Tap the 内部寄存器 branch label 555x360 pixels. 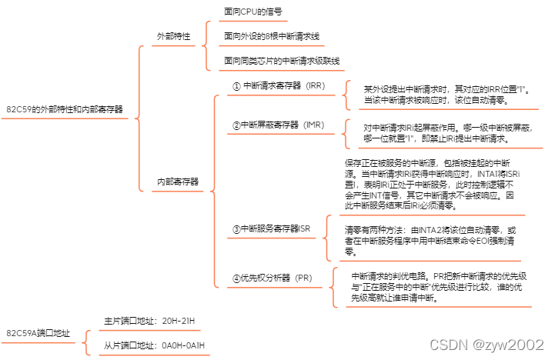point(178,182)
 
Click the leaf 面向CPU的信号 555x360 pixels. point(252,12)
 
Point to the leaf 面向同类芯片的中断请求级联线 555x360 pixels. point(282,60)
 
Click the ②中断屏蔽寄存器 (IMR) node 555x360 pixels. point(278,125)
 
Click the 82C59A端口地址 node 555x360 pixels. point(38,334)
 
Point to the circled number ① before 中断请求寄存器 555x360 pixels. point(237,86)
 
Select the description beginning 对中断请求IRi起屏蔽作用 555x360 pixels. point(447,134)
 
